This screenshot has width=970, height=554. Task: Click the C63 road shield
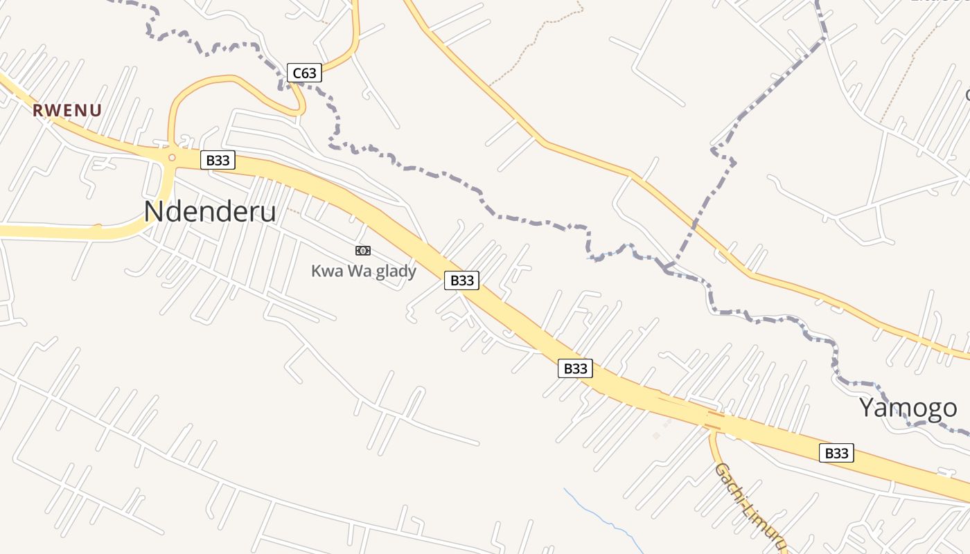click(304, 73)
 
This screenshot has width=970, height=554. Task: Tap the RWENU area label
click(67, 110)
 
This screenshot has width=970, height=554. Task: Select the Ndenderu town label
click(210, 212)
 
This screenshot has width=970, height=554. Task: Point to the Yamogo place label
click(908, 408)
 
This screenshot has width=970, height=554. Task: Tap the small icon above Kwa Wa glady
click(363, 251)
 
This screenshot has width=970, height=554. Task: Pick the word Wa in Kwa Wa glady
click(356, 271)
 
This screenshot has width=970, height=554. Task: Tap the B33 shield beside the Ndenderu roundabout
click(218, 161)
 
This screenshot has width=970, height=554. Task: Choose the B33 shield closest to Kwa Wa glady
click(461, 280)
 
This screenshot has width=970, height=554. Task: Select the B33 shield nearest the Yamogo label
click(836, 454)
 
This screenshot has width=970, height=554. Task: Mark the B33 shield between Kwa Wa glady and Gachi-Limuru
click(575, 368)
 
